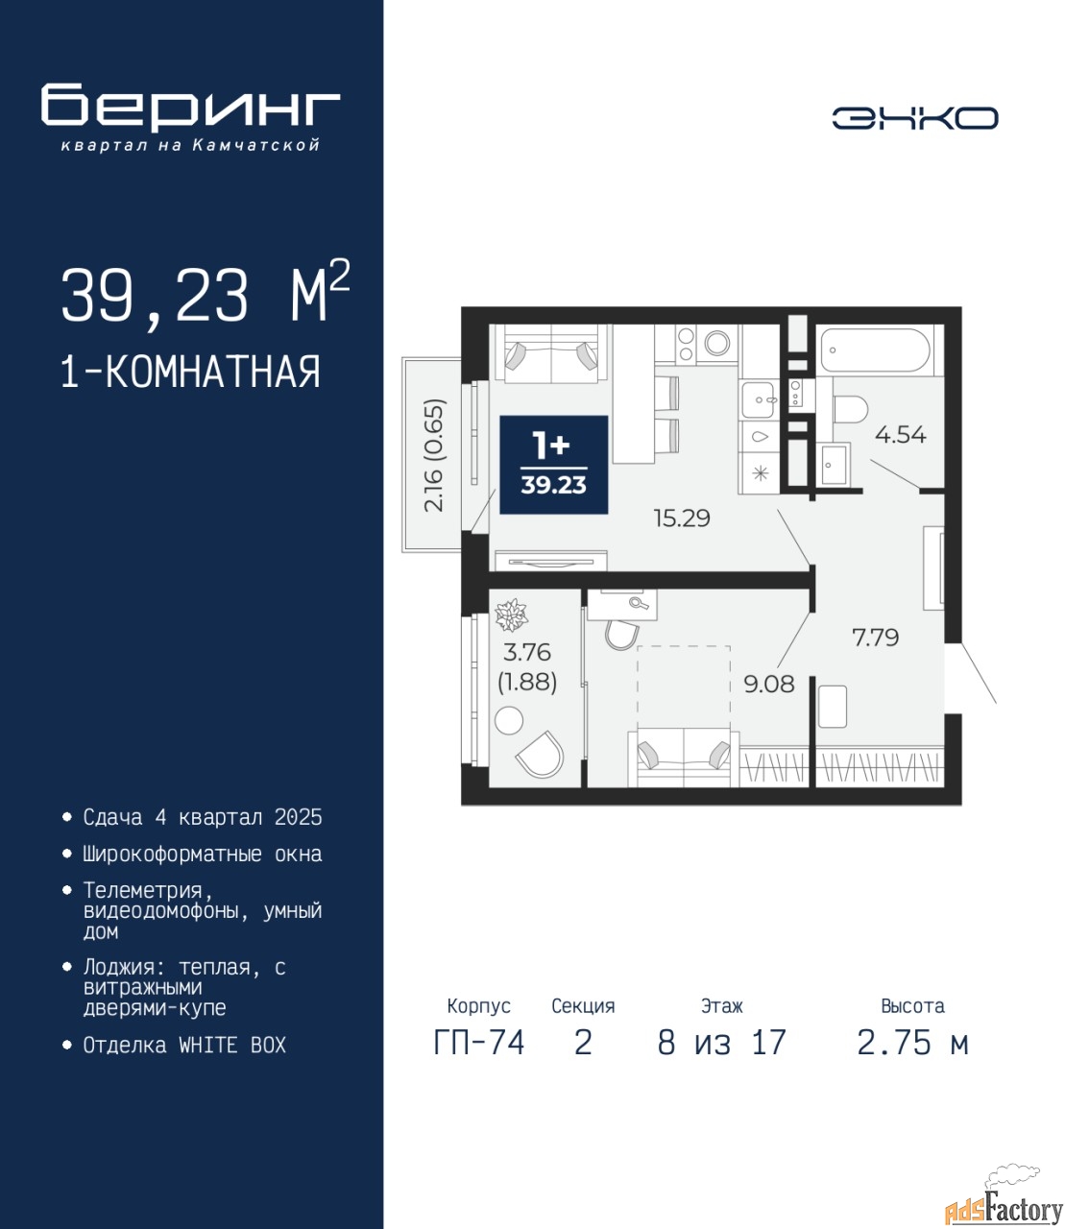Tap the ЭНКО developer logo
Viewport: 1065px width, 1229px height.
pos(914,118)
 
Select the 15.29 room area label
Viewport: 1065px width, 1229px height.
pos(682,518)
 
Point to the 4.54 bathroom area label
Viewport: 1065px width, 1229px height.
pos(900,435)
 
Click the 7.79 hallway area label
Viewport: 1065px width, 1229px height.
pos(875,638)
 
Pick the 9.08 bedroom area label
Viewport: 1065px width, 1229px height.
pos(769,684)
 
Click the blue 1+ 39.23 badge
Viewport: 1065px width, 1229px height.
pos(553,465)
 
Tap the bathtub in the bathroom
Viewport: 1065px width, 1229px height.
pos(877,350)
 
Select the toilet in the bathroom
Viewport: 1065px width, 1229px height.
pos(850,410)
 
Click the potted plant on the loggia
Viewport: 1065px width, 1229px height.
pos(511,614)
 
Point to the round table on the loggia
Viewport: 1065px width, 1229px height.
pos(509,721)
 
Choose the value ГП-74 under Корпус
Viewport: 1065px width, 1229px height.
pos(478,1043)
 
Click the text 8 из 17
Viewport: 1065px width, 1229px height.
pos(721,1043)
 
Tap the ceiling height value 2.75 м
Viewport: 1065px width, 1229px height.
pos(912,1043)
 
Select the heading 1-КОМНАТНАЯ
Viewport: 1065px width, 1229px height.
pos(191,373)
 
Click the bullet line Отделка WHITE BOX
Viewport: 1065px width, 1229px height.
pos(184,1045)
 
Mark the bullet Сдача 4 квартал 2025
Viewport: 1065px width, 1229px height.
pos(203,817)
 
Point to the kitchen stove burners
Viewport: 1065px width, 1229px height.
pos(686,344)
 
